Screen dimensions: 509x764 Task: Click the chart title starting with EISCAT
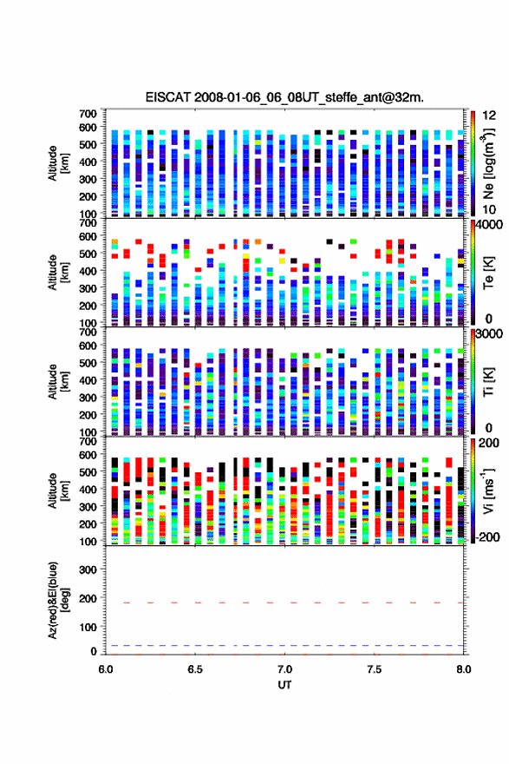[x=284, y=97]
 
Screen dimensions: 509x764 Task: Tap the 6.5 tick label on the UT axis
[x=195, y=669]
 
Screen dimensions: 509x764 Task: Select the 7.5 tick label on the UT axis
[x=375, y=669]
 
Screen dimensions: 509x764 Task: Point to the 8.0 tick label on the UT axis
[x=464, y=669]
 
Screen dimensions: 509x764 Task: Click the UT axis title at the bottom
[x=284, y=685]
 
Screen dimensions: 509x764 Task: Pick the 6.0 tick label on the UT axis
[x=106, y=669]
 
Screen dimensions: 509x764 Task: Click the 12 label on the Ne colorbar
[x=489, y=115]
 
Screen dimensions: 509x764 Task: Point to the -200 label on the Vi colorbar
[x=488, y=537]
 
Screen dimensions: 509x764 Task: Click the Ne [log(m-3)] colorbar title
[x=488, y=164]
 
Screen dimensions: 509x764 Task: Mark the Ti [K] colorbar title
[x=488, y=382]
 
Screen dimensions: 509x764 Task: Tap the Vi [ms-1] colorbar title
[x=488, y=491]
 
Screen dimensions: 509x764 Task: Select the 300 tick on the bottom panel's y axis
[x=88, y=570]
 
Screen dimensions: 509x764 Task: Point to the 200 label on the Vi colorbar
[x=489, y=443]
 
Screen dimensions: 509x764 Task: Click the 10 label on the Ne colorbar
[x=489, y=210]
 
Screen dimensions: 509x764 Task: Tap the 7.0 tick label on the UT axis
[x=284, y=669]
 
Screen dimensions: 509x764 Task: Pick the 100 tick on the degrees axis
[x=88, y=627]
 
